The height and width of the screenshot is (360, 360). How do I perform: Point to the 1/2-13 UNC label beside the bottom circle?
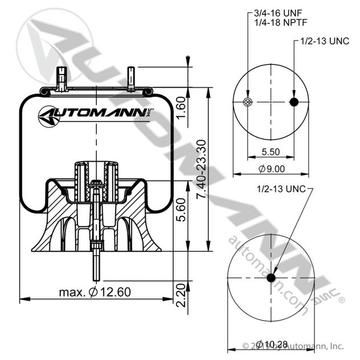[x=280, y=189]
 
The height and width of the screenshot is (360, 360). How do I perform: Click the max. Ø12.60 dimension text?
[x=95, y=292]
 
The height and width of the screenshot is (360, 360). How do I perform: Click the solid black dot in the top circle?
[x=294, y=102]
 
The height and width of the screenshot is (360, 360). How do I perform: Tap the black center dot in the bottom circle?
[x=272, y=278]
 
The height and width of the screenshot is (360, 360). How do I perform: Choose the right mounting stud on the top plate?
[x=130, y=77]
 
